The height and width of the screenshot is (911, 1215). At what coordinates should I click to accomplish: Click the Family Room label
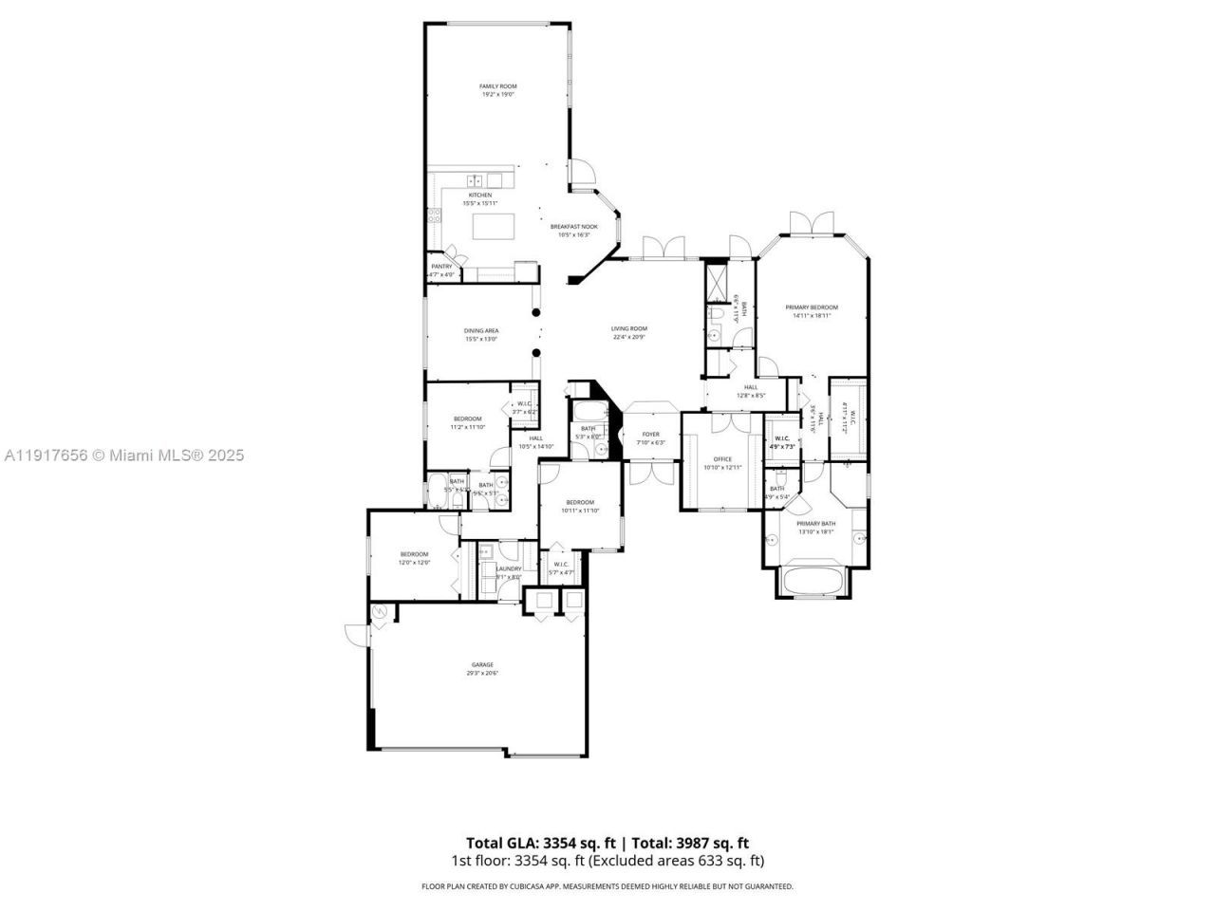(497, 86)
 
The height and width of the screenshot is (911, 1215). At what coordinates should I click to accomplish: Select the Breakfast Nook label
(574, 227)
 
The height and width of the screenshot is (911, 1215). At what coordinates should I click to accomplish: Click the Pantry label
(441, 267)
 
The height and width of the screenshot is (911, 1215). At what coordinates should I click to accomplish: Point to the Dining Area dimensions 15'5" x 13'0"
(481, 339)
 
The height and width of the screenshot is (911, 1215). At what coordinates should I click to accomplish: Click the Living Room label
(628, 328)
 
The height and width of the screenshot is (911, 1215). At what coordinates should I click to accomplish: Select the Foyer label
(650, 434)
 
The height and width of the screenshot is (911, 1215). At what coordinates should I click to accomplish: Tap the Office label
(721, 458)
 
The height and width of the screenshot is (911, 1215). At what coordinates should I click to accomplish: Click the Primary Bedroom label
(812, 307)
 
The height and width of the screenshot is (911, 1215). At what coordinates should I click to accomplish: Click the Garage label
(481, 664)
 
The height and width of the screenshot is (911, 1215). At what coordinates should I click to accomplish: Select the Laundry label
(509, 568)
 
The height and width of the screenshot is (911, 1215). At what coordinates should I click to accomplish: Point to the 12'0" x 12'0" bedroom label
(414, 562)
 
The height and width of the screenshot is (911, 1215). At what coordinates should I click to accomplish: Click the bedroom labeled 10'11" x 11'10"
(580, 502)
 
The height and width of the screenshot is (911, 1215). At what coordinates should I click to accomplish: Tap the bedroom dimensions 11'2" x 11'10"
(467, 427)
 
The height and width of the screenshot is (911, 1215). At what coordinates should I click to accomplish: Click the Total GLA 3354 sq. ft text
(541, 843)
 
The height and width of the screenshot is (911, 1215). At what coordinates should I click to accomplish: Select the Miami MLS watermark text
(122, 455)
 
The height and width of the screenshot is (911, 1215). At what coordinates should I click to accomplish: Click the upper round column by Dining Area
(535, 312)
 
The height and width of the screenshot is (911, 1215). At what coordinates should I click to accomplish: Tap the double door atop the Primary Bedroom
(813, 224)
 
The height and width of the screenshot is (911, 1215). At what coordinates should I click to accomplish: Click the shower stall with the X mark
(717, 279)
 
